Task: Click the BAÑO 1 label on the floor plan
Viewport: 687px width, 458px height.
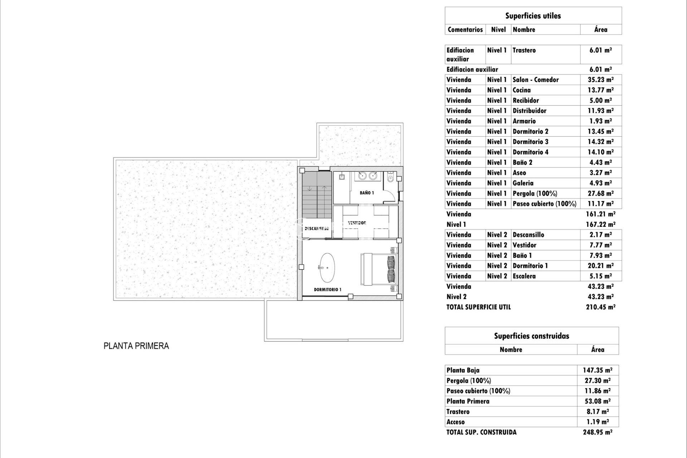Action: coord(367,193)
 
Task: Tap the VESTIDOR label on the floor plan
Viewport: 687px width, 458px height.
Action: coord(357,223)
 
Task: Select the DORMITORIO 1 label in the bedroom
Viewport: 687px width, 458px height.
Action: coord(327,289)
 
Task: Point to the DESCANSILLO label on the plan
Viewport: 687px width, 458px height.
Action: coord(317,228)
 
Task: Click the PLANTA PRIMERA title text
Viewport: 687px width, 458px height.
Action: coord(136,346)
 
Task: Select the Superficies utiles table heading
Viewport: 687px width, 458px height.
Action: coord(533,16)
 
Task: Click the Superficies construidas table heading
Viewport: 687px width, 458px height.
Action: coord(531,336)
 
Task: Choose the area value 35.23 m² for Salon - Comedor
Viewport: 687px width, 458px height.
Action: coord(600,80)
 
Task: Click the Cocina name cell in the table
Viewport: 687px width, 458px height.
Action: coord(522,90)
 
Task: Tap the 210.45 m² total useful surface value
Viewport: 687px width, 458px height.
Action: coord(600,307)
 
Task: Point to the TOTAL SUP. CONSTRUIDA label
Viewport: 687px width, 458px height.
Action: coord(481,432)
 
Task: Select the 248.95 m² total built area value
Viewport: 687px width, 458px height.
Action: coord(597,432)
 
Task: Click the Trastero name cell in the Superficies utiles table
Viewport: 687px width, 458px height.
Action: coord(524,50)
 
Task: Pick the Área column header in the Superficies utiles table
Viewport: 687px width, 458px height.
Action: coord(600,30)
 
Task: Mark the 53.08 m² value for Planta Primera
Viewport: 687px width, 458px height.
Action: coord(597,401)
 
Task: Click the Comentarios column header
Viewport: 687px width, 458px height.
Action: coord(465,30)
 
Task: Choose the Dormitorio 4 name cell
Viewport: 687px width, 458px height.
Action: coord(530,152)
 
